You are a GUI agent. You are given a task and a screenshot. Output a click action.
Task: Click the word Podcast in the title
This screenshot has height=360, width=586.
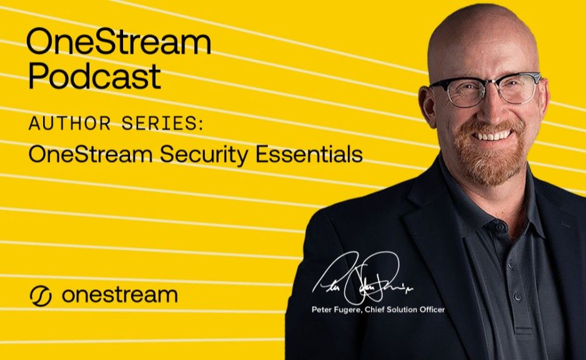94,76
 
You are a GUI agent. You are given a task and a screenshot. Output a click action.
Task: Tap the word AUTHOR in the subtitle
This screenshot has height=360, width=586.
70,123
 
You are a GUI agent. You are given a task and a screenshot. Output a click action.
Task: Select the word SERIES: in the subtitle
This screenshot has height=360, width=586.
163,123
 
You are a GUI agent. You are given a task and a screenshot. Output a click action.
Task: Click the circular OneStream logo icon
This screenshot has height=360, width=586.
41,296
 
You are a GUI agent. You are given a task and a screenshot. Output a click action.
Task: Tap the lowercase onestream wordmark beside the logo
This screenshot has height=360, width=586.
119,295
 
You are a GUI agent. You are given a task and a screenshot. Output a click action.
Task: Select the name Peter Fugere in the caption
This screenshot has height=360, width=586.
336,309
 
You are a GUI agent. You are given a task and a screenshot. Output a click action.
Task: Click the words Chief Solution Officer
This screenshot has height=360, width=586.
405,309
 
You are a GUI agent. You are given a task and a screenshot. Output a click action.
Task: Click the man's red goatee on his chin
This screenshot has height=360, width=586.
490,164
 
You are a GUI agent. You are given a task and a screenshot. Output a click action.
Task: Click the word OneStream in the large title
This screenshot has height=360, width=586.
119,42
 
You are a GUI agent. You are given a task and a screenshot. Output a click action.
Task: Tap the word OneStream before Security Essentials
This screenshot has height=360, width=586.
91,154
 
